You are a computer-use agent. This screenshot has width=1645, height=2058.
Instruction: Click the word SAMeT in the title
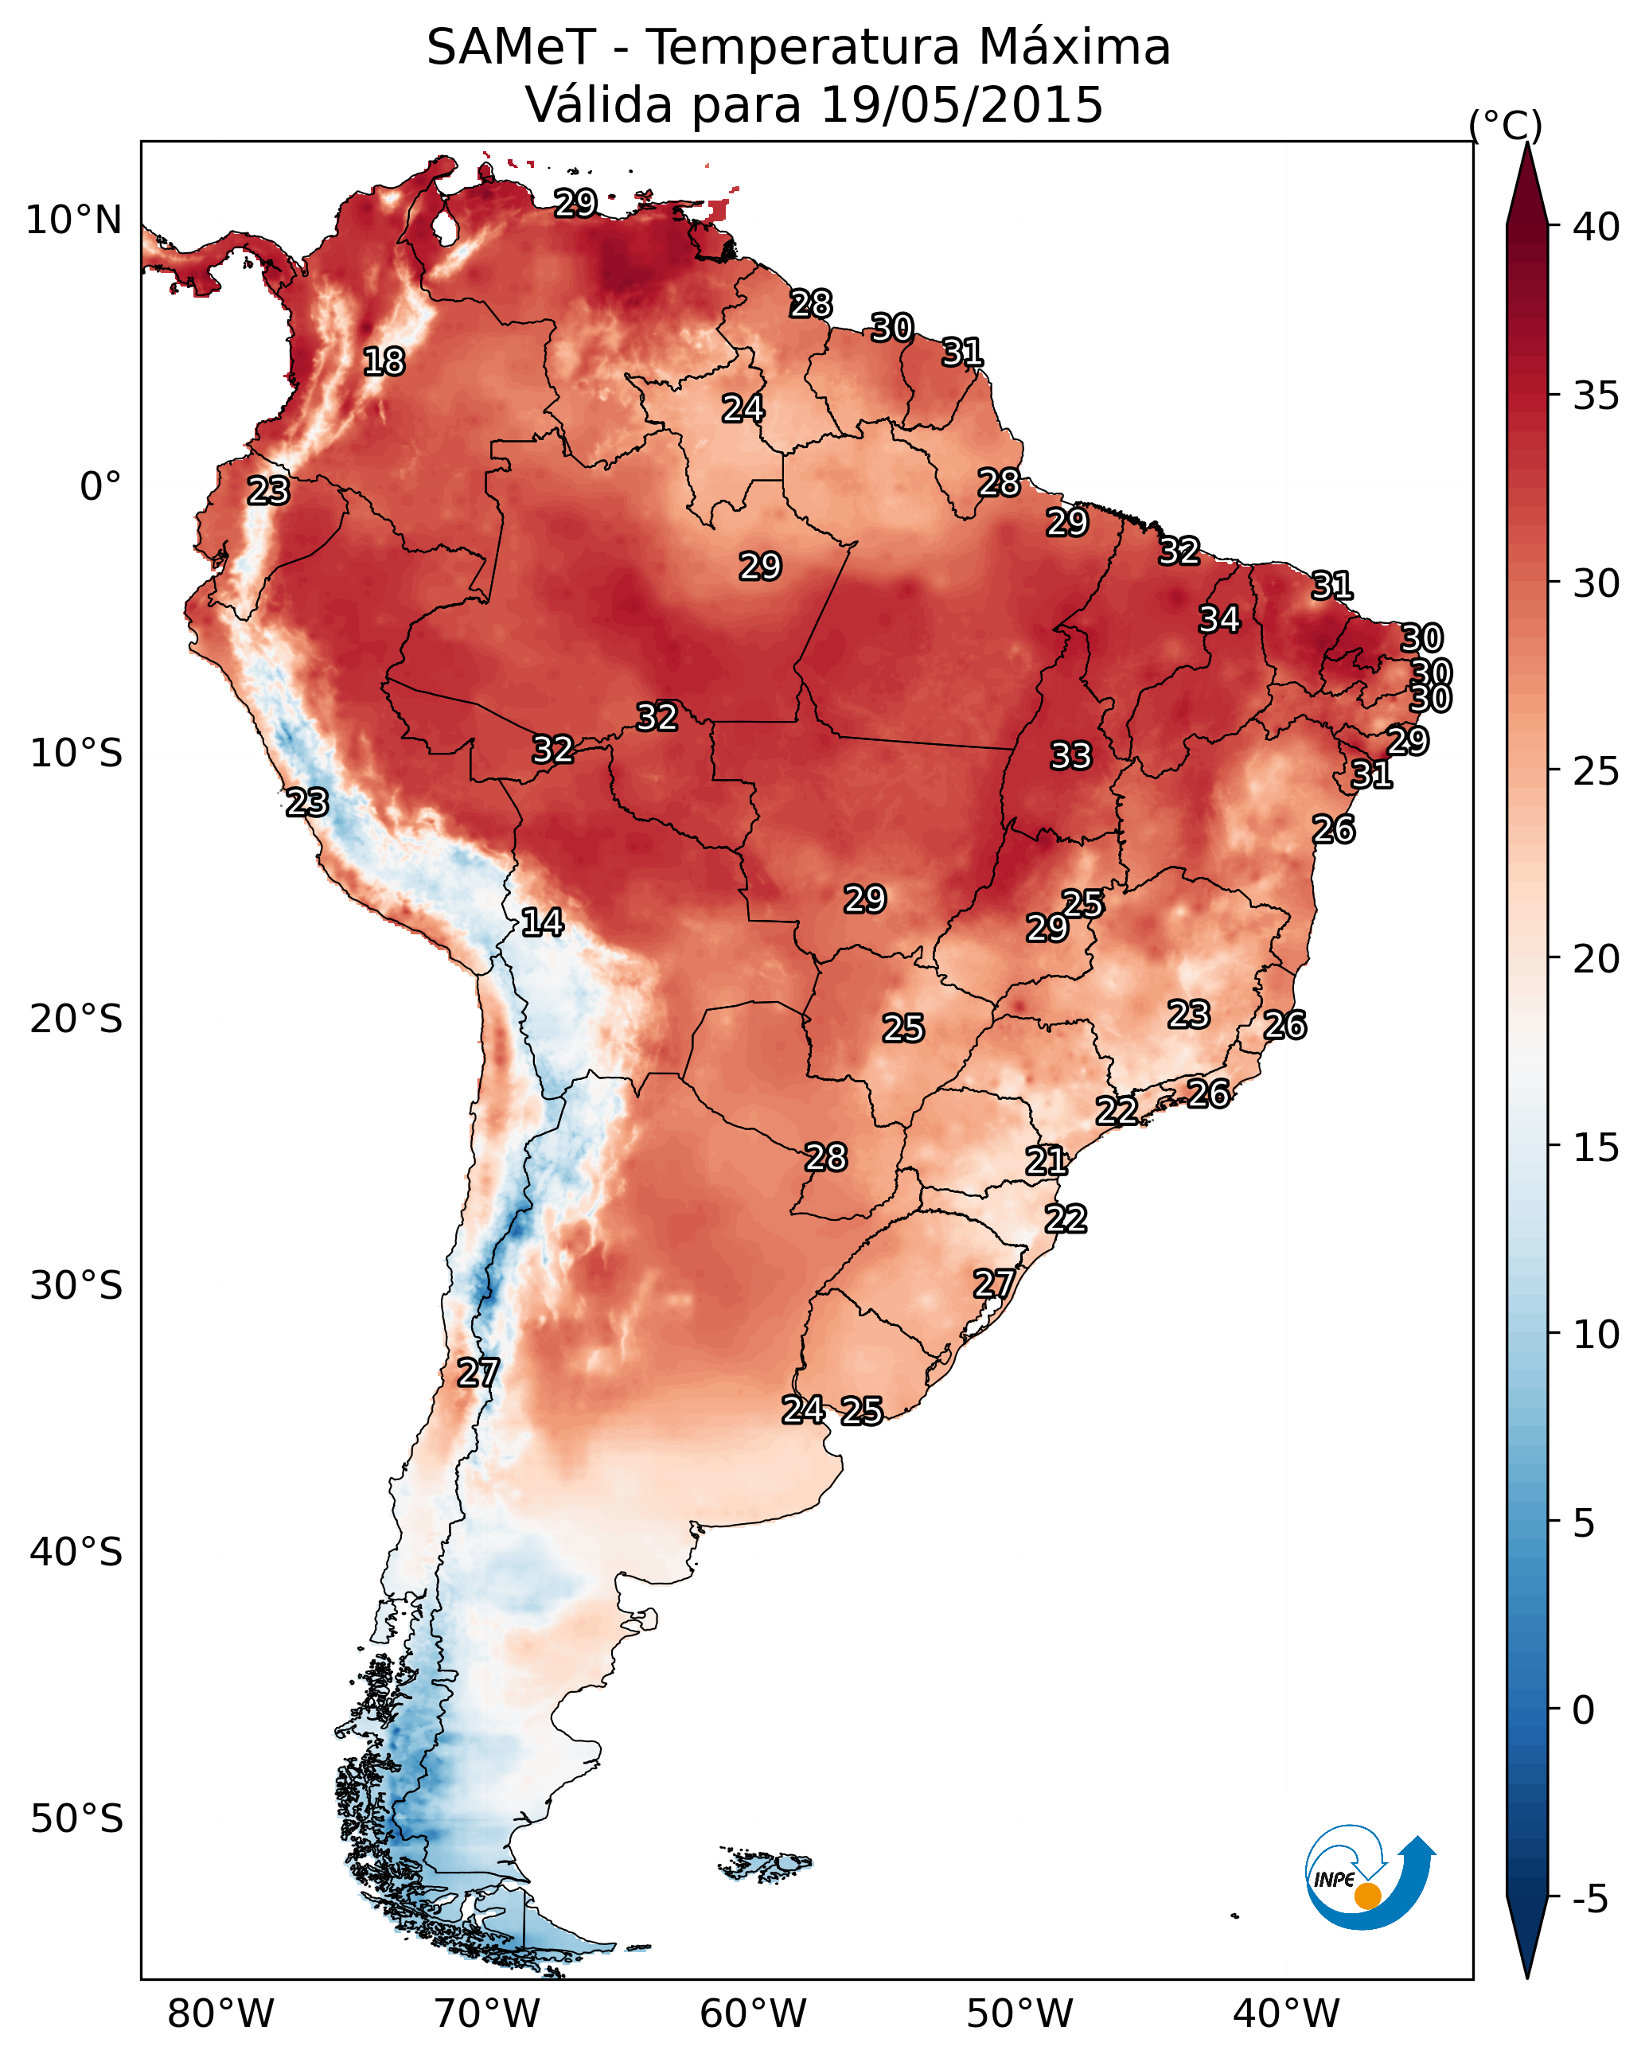pos(511,48)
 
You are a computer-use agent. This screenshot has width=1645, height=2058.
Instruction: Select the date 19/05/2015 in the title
pos(961,105)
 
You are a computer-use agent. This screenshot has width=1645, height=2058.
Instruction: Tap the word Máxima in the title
pos(1073,48)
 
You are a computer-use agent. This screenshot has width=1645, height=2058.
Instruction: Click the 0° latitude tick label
pos(101,487)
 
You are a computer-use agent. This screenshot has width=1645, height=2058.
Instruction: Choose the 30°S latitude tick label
pos(76,1286)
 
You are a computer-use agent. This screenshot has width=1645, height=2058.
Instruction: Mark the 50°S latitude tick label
pos(76,1819)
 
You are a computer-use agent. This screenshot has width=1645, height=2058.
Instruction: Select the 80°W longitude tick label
pos(220,2014)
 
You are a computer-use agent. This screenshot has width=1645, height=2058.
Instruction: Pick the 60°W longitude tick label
pos(754,2014)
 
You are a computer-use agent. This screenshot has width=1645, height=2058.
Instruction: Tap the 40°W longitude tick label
pos(1286,2014)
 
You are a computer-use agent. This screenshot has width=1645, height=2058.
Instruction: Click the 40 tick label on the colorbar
pos(1596,227)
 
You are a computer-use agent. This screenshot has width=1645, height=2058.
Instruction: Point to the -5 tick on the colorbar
pos(1589,1900)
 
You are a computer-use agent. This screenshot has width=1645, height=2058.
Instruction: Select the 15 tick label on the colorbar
pos(1596,1148)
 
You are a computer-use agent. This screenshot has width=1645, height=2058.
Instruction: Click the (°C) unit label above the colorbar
pos(1506,125)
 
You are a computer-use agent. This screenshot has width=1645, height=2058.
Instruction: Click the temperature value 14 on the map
pos(542,923)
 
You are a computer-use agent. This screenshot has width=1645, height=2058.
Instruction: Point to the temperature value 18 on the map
pos(384,363)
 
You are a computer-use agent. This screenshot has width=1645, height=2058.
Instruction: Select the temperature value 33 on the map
pos(1070,757)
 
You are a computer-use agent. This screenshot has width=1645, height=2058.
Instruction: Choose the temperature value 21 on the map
pos(1047,1162)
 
